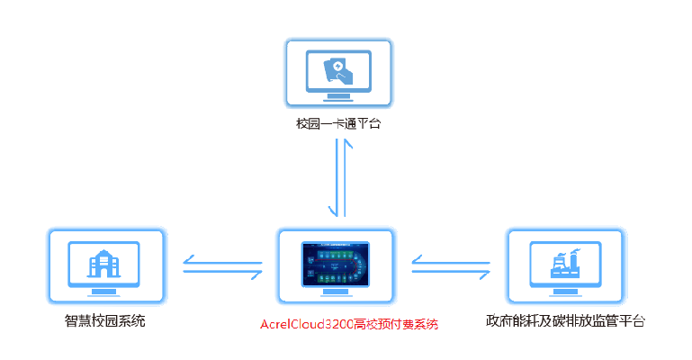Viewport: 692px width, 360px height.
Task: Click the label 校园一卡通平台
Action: click(337, 124)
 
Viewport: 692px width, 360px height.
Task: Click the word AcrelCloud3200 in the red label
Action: click(307, 324)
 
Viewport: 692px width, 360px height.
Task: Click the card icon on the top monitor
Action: click(337, 69)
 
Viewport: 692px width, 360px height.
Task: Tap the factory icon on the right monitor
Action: click(564, 265)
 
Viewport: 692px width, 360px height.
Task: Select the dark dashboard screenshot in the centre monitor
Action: click(336, 263)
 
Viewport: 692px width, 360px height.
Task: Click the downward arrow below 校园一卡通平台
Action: click(331, 180)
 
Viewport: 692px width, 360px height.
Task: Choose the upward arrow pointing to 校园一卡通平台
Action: click(343, 180)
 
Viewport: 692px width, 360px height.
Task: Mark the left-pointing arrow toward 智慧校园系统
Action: click(220, 261)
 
